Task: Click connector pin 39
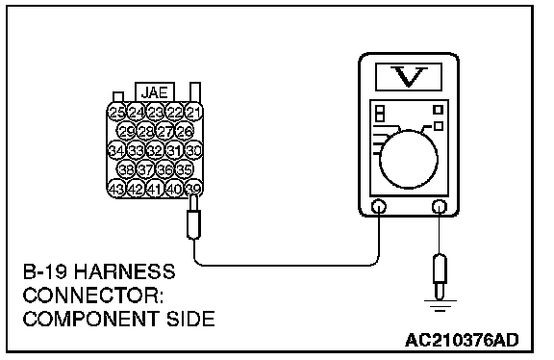[x=193, y=189]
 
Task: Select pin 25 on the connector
[x=117, y=113]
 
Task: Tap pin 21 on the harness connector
[x=193, y=113]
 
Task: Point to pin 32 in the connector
[x=155, y=151]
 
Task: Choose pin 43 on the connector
[x=117, y=189]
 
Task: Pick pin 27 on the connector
[x=165, y=132]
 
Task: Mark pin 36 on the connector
[x=165, y=169]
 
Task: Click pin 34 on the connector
[x=117, y=151]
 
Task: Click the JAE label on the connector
[x=155, y=92]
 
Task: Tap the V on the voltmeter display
[x=409, y=76]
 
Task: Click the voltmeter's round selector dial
[x=409, y=160]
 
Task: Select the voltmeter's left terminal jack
[x=379, y=207]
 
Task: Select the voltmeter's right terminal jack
[x=440, y=207]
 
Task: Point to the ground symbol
[x=440, y=305]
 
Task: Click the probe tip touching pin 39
[x=193, y=203]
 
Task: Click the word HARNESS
[x=125, y=271]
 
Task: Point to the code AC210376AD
[x=462, y=340]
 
